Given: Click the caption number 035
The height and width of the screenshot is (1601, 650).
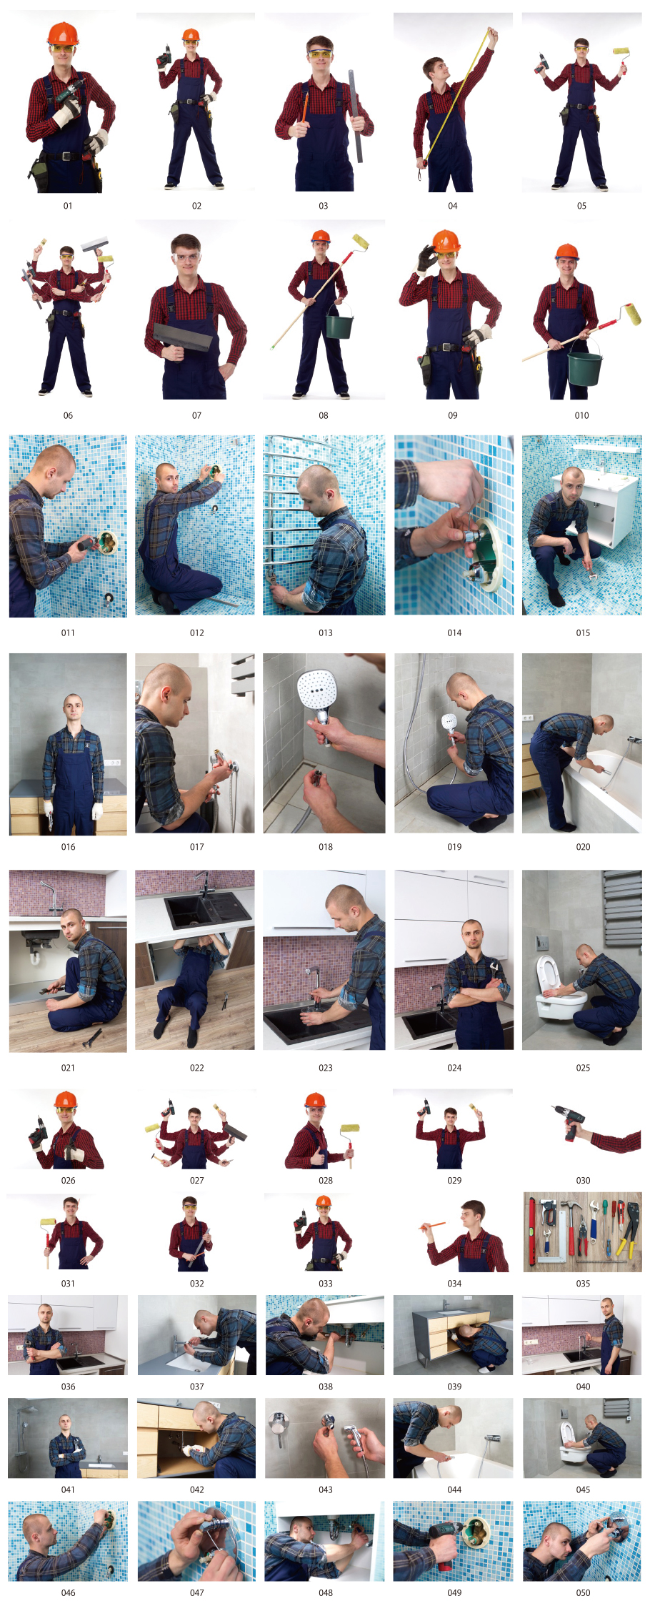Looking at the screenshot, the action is (x=583, y=1284).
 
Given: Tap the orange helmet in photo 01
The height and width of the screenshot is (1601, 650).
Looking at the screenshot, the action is (x=63, y=34).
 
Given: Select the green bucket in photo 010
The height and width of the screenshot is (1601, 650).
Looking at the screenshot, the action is (x=585, y=367).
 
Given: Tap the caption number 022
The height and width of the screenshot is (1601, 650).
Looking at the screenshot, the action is (x=196, y=1068).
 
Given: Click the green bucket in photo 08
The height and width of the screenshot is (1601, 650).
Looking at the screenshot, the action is (x=339, y=326).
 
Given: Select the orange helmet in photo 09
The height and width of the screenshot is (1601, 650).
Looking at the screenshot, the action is (x=446, y=241).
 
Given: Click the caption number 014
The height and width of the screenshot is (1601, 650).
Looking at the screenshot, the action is (x=454, y=633).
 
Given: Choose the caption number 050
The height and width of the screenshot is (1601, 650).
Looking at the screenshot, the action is (x=583, y=1592).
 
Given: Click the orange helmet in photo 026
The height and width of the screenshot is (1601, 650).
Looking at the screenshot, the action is (x=65, y=1100).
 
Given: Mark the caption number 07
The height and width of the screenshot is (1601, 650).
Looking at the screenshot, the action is (x=196, y=415).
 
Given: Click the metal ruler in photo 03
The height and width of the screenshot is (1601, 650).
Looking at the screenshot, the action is (x=355, y=116).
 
